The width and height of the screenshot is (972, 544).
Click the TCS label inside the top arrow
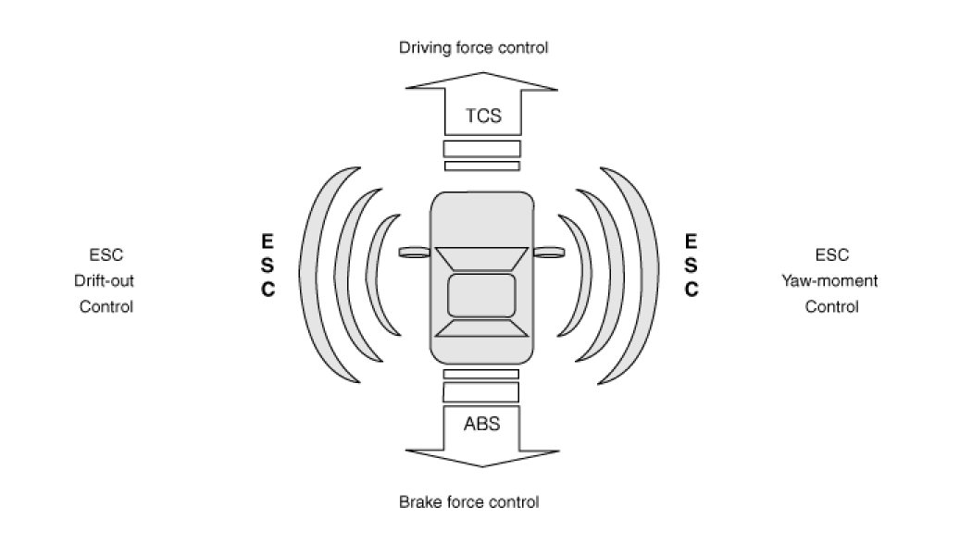pos(481,117)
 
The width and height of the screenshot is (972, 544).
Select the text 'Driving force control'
pos(473,46)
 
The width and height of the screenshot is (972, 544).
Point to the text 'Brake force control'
pos(468,502)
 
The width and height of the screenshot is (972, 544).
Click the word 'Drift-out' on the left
pos(106,280)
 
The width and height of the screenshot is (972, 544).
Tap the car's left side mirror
pos(414,252)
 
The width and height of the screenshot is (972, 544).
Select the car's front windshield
pos(481,259)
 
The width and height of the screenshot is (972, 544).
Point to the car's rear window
pos(481,327)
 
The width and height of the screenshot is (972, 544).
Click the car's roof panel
pos(481,294)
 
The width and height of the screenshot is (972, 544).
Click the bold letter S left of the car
pos(267,266)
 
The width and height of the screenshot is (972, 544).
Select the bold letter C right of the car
pos(691,290)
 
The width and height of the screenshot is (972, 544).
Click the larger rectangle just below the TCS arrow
pos(481,148)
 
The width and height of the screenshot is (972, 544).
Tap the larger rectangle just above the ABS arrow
pos(481,391)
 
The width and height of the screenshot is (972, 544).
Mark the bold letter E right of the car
pos(691,241)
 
